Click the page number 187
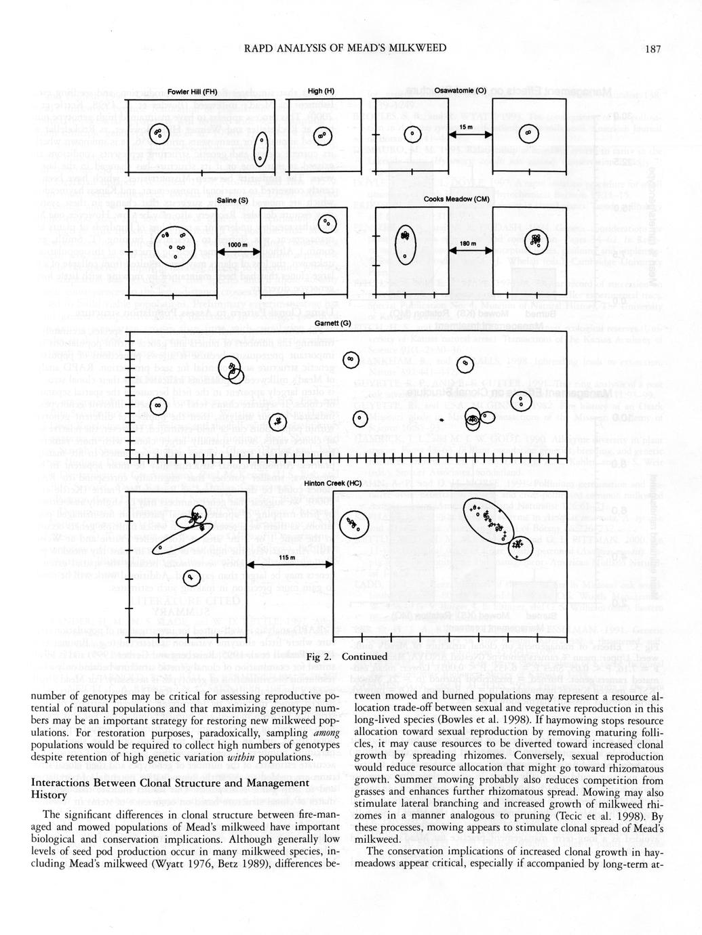coord(653,48)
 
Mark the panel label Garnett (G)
coord(332,323)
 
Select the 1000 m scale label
coord(237,245)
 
